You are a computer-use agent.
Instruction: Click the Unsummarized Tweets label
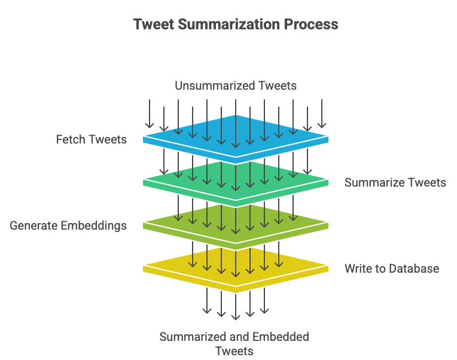pyautogui.click(x=236, y=86)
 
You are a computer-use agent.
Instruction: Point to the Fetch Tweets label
pyautogui.click(x=92, y=139)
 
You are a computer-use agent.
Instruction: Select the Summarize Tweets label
pyautogui.click(x=395, y=182)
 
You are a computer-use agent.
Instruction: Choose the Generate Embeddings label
pyautogui.click(x=68, y=225)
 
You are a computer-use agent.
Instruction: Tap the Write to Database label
pyautogui.click(x=392, y=269)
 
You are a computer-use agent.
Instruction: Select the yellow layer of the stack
pyautogui.click(x=179, y=264)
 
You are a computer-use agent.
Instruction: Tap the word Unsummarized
pyautogui.click(x=214, y=86)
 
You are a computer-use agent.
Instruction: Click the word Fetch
pyautogui.click(x=71, y=139)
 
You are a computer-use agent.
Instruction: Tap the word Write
pyautogui.click(x=357, y=269)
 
